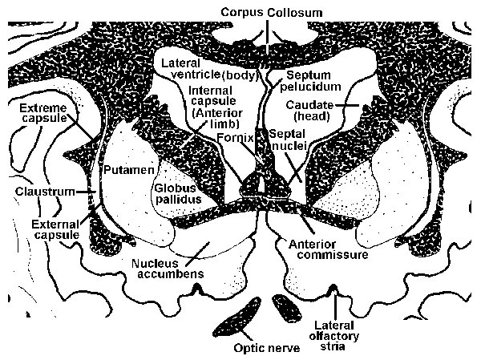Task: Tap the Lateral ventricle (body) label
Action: tap(207, 68)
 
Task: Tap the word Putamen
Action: tap(125, 170)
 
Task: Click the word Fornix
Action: tap(234, 138)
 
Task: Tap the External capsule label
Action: tap(55, 230)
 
